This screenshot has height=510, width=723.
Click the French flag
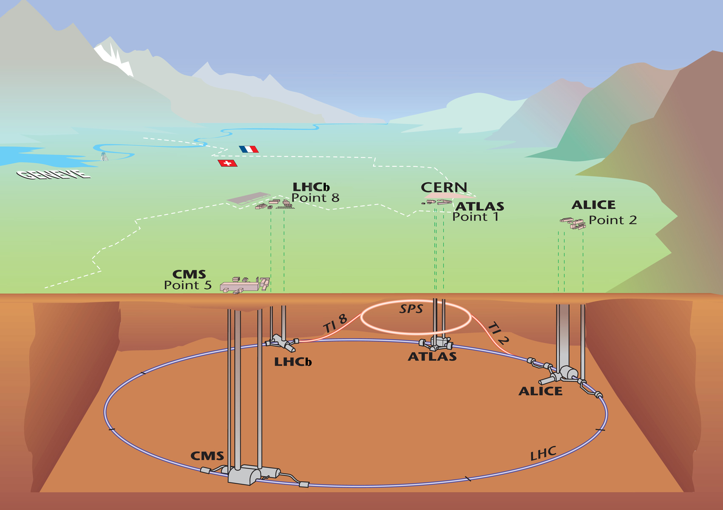(x=249, y=149)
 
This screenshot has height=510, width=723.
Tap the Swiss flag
(x=227, y=163)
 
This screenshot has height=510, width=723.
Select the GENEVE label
(x=54, y=174)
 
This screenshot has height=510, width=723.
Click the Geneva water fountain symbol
(x=104, y=157)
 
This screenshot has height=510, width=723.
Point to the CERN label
(x=444, y=187)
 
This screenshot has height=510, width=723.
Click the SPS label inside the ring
(x=411, y=309)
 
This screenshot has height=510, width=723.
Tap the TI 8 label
(x=335, y=324)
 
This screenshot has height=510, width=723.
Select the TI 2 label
(x=498, y=333)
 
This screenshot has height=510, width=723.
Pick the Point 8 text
(x=315, y=198)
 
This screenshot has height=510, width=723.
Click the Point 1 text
(x=475, y=217)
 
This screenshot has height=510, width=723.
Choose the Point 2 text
(x=612, y=220)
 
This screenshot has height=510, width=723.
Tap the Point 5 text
(x=187, y=285)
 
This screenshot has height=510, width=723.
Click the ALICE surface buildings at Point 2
(x=573, y=223)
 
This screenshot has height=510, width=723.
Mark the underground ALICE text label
(x=540, y=391)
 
